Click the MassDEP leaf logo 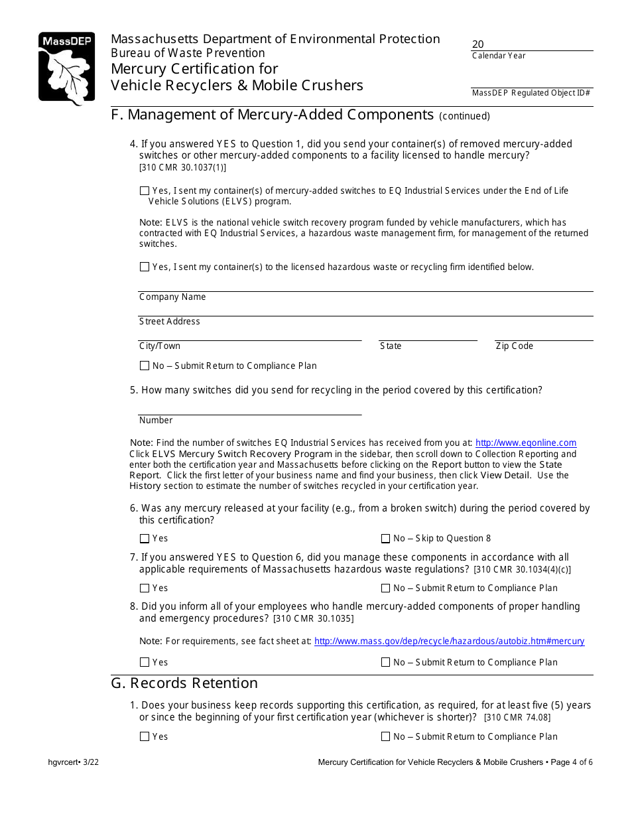click(66, 68)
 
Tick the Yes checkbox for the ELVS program click(145, 191)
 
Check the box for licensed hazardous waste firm click(145, 267)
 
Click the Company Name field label click(172, 297)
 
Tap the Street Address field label click(169, 322)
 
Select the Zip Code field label click(514, 346)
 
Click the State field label click(391, 346)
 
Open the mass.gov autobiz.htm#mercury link click(449, 642)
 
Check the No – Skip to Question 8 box click(385, 539)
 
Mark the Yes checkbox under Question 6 click(145, 539)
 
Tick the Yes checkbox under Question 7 click(145, 588)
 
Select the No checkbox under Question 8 click(385, 663)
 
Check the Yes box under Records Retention click(145, 737)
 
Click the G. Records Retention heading click(184, 683)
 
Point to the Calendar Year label click(499, 56)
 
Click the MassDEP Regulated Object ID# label click(531, 93)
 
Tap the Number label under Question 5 click(156, 421)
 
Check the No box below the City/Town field click(145, 366)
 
